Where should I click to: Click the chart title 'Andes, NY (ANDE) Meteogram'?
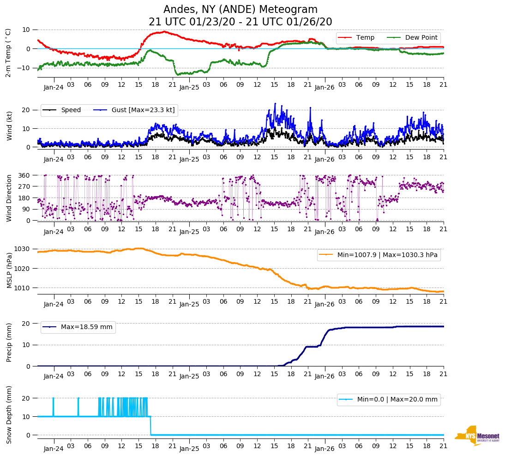click(x=240, y=9)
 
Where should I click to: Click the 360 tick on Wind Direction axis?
click(x=24, y=175)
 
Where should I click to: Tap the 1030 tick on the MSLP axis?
click(x=22, y=249)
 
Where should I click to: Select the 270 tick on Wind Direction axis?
click(x=24, y=186)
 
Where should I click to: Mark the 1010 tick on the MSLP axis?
click(x=22, y=288)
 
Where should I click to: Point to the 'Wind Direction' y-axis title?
click(x=9, y=198)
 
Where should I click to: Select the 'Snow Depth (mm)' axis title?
click(x=9, y=414)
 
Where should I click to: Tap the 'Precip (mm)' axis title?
click(x=9, y=342)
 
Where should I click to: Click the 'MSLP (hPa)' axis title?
click(x=9, y=270)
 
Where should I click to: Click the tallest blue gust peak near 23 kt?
click(x=275, y=104)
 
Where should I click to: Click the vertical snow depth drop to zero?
click(x=150, y=426)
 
